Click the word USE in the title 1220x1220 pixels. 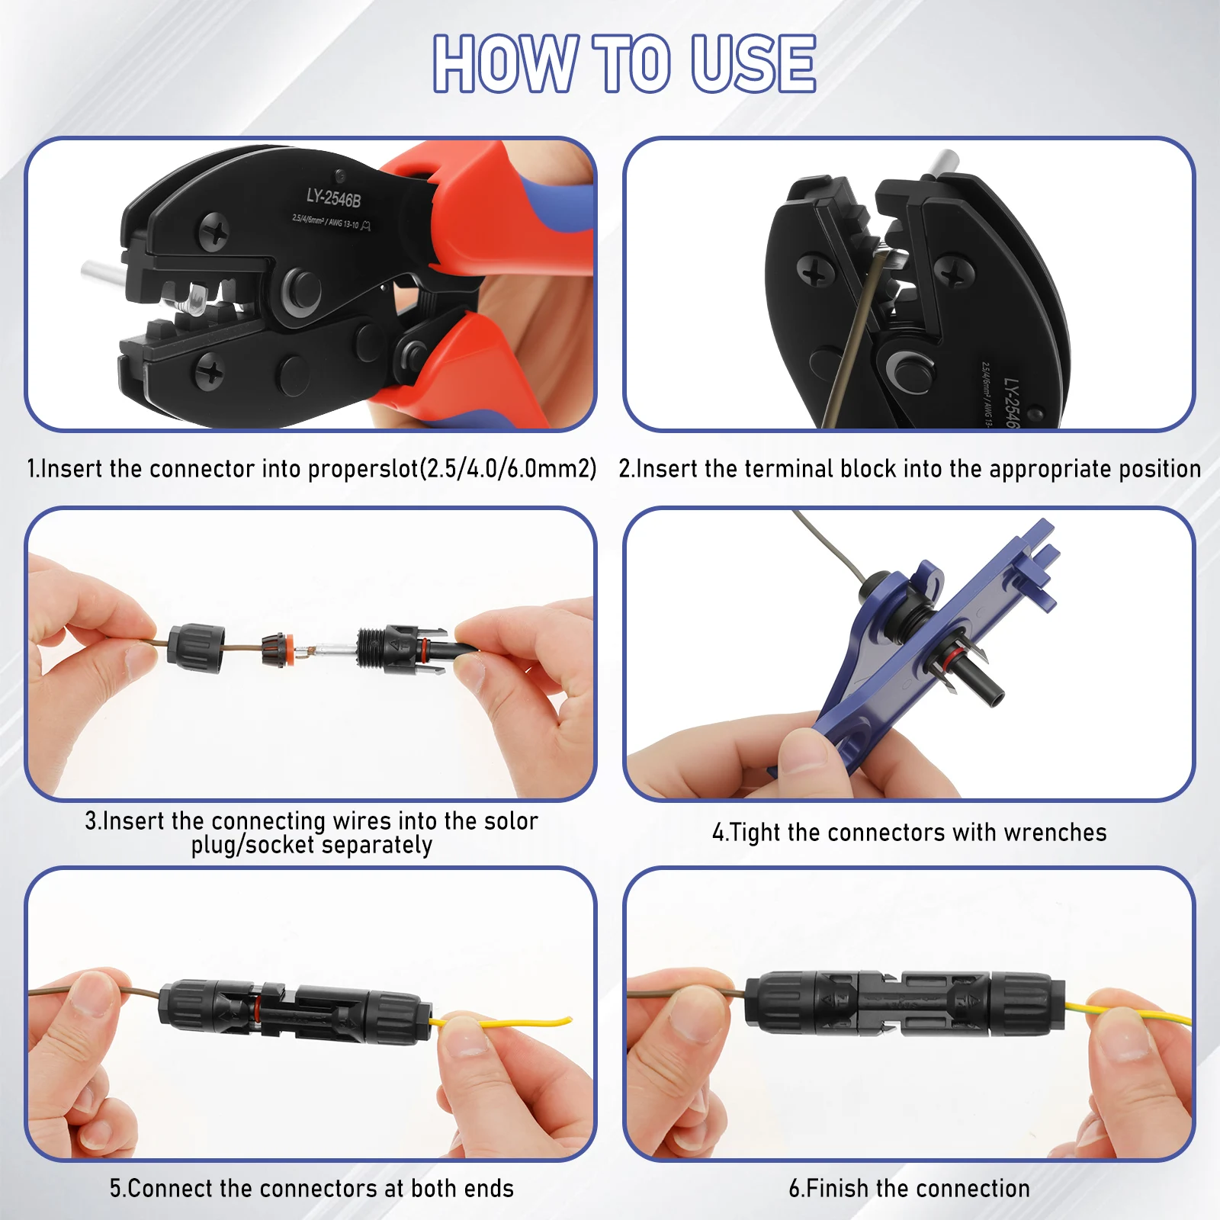click(x=753, y=63)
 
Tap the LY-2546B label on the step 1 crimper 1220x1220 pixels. click(x=333, y=198)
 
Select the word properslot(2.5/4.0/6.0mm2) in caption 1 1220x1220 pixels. click(x=452, y=468)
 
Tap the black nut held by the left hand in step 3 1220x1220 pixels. click(x=197, y=647)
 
